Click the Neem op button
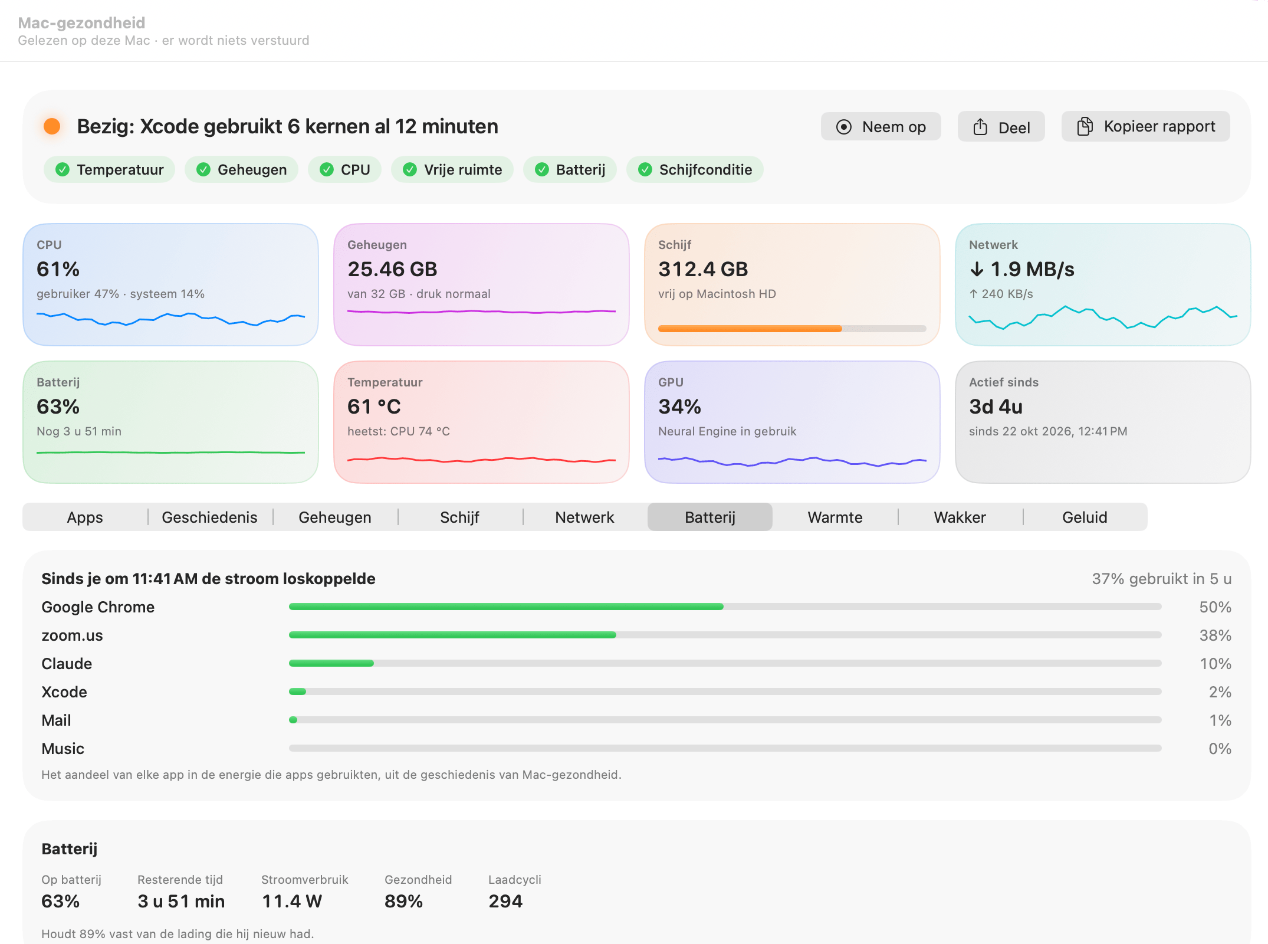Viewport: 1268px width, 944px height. pyautogui.click(x=881, y=127)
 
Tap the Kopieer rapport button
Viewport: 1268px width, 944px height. pyautogui.click(x=1145, y=127)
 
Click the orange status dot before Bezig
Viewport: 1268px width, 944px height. pyautogui.click(x=52, y=126)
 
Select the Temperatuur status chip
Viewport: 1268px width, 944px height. pyautogui.click(x=109, y=170)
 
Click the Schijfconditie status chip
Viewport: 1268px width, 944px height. pyautogui.click(x=695, y=170)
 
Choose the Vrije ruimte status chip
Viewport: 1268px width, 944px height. pyautogui.click(x=452, y=170)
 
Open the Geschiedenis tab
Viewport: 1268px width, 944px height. pyautogui.click(x=210, y=517)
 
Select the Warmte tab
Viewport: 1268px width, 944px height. pyautogui.click(x=835, y=517)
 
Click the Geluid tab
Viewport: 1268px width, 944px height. pyautogui.click(x=1085, y=517)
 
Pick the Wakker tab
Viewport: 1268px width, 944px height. pyautogui.click(x=960, y=517)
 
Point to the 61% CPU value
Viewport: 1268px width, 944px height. pyautogui.click(x=58, y=269)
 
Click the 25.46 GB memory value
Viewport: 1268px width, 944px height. pyautogui.click(x=392, y=269)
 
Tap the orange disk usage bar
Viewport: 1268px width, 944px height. pyautogui.click(x=750, y=329)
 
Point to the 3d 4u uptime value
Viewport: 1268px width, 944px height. pyautogui.click(x=996, y=407)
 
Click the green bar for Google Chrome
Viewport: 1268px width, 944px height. pyautogui.click(x=506, y=607)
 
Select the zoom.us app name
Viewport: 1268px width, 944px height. pyautogui.click(x=72, y=635)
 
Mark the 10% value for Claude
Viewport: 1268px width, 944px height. pyautogui.click(x=1216, y=664)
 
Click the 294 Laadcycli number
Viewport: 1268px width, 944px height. pyautogui.click(x=505, y=902)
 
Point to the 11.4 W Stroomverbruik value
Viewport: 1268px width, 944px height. pyautogui.click(x=292, y=902)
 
